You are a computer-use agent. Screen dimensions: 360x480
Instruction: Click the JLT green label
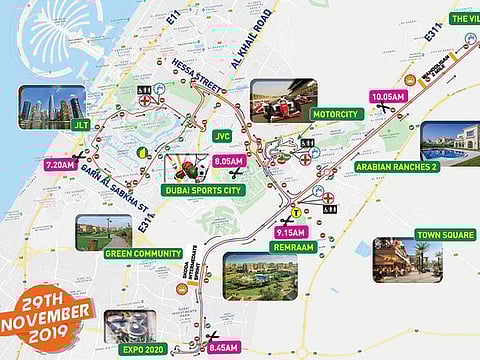(80, 127)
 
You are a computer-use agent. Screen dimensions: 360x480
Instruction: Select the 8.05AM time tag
(229, 160)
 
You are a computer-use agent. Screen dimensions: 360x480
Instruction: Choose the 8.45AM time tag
(225, 348)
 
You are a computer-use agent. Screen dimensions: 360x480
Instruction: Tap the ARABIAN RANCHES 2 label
(396, 166)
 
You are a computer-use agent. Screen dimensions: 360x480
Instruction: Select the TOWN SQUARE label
(445, 234)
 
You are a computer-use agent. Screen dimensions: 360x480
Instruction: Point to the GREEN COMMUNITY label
(143, 253)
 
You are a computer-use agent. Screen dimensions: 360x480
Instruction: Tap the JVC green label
(223, 135)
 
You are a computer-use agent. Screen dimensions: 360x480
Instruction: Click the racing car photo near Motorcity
(283, 100)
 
